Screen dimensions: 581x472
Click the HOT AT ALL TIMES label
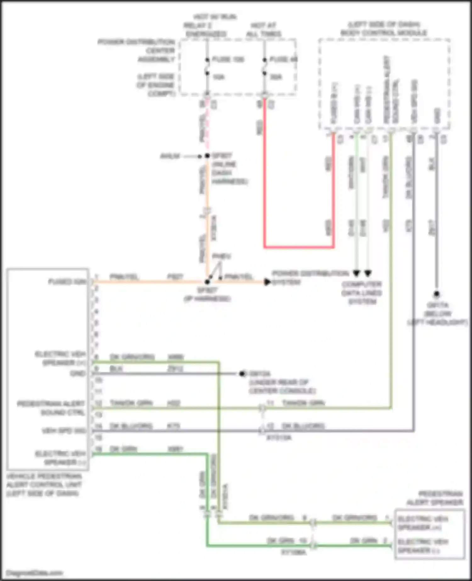tap(263, 30)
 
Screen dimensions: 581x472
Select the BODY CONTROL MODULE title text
tap(384, 32)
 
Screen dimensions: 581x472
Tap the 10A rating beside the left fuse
tap(218, 77)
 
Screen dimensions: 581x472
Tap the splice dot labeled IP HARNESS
tap(207, 282)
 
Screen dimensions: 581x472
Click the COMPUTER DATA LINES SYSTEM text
tap(362, 293)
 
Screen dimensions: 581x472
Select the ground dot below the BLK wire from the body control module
tap(436, 294)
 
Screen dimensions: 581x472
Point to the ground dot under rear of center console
tap(242, 374)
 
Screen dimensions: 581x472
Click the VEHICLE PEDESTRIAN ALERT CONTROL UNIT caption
tap(44, 485)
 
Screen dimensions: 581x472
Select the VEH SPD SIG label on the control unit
tap(64, 431)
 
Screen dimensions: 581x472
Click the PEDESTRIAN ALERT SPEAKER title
tap(435, 498)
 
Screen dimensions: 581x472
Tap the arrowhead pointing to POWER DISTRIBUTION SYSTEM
tap(267, 282)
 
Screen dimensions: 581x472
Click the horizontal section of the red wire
tap(299, 247)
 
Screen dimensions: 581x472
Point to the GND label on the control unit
tap(78, 374)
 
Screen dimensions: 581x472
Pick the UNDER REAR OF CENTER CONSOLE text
tap(282, 386)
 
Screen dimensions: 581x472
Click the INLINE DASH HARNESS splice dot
tap(207, 155)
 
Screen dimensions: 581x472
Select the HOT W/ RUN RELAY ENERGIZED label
tap(206, 25)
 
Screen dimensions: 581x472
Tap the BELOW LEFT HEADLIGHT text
tap(438, 318)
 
